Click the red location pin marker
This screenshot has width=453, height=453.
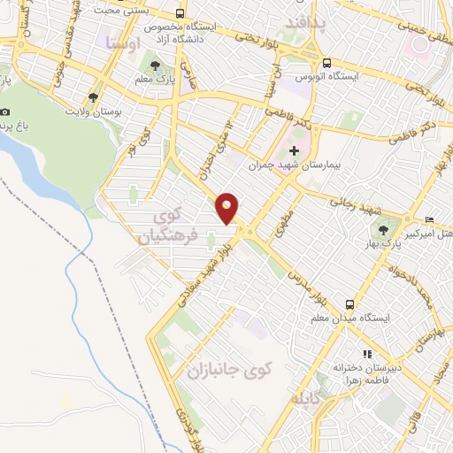(228, 208)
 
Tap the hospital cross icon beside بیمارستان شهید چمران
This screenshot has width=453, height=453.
(294, 150)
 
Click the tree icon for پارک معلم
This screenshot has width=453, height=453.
(157, 65)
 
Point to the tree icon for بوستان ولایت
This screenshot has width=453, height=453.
(92, 97)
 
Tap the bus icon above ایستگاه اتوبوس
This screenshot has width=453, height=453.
(326, 63)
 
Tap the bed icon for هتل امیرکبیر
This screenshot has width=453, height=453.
(430, 219)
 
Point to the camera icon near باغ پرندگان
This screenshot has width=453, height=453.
(6, 111)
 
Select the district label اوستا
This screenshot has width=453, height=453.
(120, 42)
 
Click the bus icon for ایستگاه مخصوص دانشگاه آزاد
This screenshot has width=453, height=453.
(180, 14)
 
